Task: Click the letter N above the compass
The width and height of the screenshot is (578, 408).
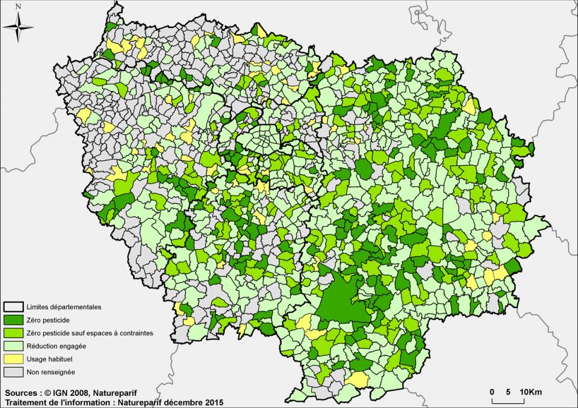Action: coord(19,6)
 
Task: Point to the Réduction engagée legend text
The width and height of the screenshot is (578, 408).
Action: coord(56,346)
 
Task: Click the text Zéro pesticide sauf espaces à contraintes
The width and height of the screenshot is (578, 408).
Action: coord(89,333)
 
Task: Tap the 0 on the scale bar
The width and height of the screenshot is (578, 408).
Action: coord(492,392)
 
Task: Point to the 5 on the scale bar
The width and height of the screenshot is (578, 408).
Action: coord(509,392)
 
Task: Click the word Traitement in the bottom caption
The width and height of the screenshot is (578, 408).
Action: coord(27,401)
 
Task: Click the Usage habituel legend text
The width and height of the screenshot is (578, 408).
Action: coord(51,359)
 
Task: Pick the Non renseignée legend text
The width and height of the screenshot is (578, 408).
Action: coord(51,372)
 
